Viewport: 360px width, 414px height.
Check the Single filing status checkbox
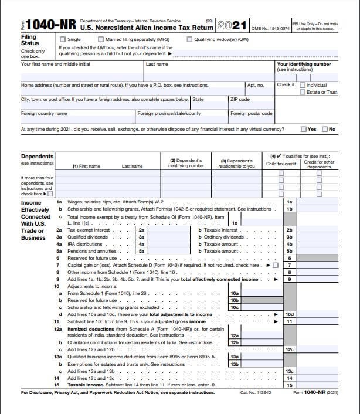pyautogui.click(x=63, y=39)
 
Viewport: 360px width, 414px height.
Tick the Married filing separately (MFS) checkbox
pyautogui.click(x=100, y=39)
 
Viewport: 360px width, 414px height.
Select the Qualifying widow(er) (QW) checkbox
pyautogui.click(x=189, y=39)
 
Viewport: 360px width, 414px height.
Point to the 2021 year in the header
pyautogui.click(x=232, y=25)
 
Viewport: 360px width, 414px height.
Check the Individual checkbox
pyautogui.click(x=302, y=85)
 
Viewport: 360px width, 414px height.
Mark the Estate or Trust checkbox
pyautogui.click(x=302, y=92)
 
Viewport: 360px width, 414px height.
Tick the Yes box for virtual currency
pyautogui.click(x=303, y=129)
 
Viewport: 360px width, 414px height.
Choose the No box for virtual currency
pyautogui.click(x=324, y=129)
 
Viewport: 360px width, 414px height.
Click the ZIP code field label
pyautogui.click(x=241, y=99)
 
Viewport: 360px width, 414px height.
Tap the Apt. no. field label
pyautogui.click(x=256, y=85)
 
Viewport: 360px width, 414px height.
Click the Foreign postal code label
pyautogui.click(x=251, y=113)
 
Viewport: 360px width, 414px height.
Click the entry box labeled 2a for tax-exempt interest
pyautogui.click(x=141, y=230)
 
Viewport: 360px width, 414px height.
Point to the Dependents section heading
pyautogui.click(x=38, y=157)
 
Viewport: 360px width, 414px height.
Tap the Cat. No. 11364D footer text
pyautogui.click(x=256, y=392)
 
